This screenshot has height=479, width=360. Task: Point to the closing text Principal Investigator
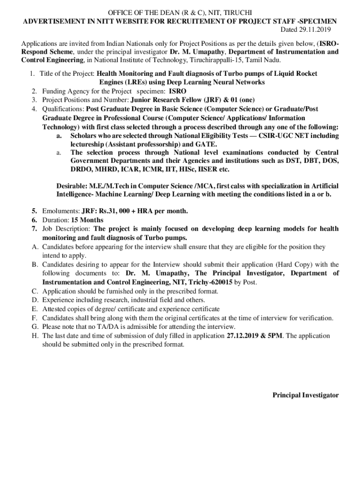tap(306, 395)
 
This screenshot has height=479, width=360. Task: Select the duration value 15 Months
tap(87, 220)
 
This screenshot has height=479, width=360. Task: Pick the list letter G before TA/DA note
tap(35, 327)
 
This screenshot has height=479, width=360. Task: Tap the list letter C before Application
tap(35, 291)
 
